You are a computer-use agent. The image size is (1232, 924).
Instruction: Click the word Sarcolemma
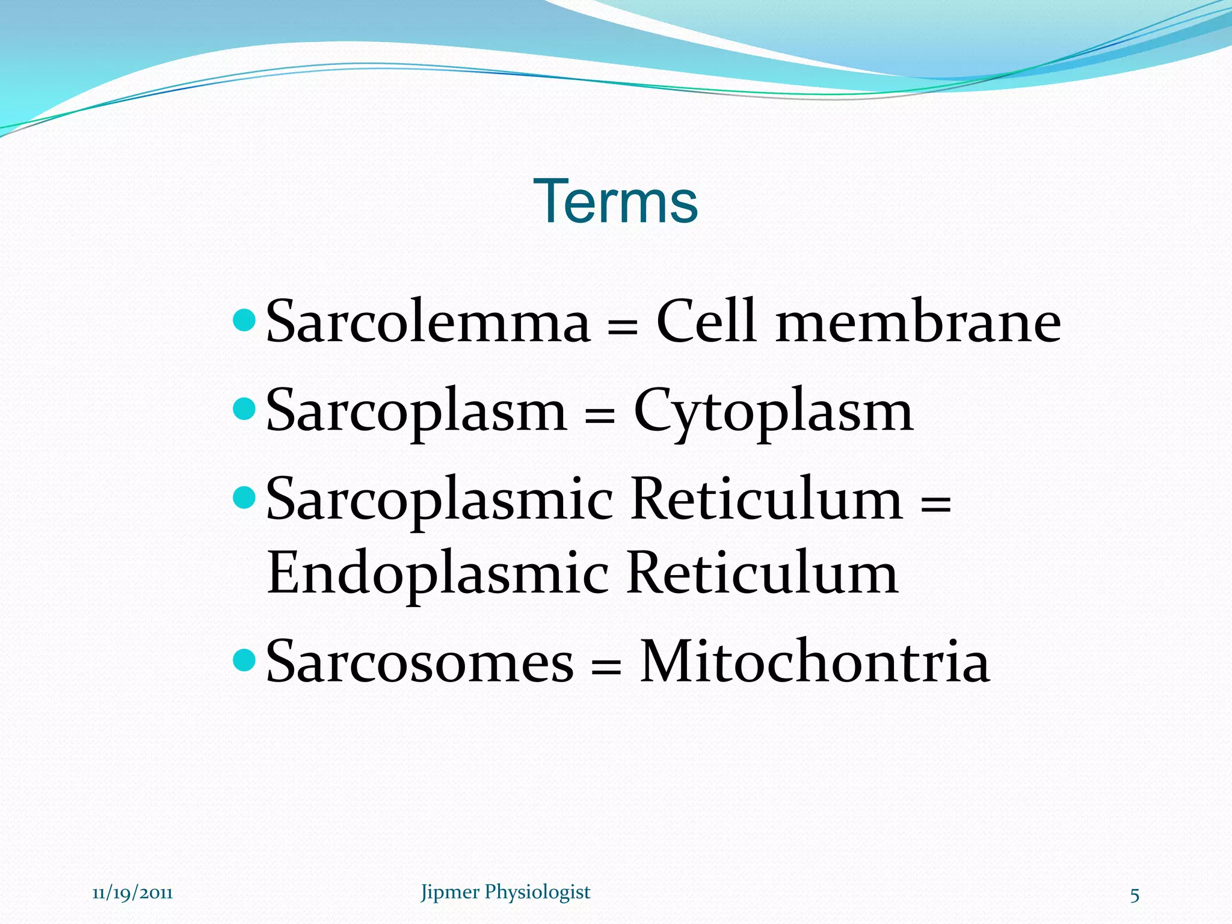[x=428, y=322]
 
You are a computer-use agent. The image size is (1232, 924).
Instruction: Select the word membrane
[x=918, y=324]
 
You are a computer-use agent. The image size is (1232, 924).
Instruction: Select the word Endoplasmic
[x=437, y=574]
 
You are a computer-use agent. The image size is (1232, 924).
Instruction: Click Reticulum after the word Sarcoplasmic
[x=767, y=499]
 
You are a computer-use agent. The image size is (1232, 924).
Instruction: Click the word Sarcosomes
[x=419, y=662]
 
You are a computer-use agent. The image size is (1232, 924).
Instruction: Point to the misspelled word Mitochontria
[x=814, y=661]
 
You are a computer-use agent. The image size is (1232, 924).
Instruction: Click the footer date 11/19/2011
[x=132, y=893]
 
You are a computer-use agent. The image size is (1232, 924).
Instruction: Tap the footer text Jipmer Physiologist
[x=505, y=892]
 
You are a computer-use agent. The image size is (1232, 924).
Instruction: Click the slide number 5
[x=1135, y=895]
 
